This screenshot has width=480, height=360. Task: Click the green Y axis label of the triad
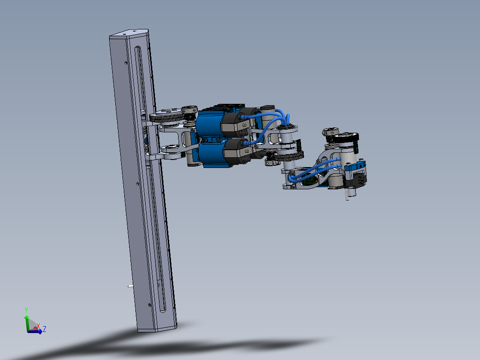tap(27, 309)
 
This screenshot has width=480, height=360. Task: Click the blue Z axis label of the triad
tap(45, 329)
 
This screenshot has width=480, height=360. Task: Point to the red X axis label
tap(38, 326)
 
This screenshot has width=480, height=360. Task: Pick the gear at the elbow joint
tap(289, 156)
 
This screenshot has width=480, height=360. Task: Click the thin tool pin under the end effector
tap(347, 195)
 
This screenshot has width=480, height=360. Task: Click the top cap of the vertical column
tap(129, 33)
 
